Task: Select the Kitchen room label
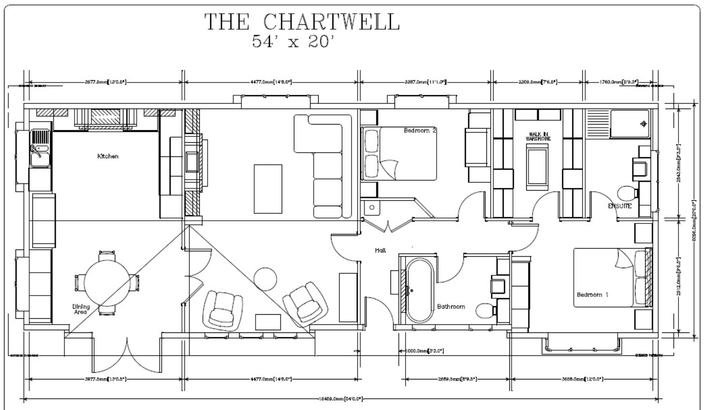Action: point(108,156)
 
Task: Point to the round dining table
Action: point(107,282)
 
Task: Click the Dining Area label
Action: point(81,309)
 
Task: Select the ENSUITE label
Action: point(619,206)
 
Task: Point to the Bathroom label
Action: point(451,306)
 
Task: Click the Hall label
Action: point(380,250)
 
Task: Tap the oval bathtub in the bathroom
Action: point(419,290)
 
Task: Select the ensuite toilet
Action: point(626,193)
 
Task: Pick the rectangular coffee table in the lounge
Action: point(268,188)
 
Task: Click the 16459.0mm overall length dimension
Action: point(341,399)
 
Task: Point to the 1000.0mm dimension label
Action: point(425,351)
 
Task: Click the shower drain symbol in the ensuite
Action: point(644,124)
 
